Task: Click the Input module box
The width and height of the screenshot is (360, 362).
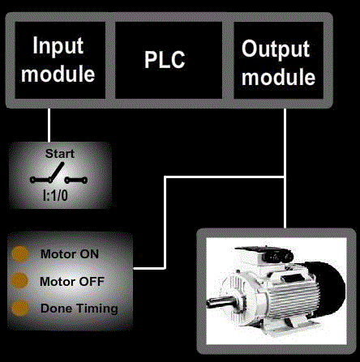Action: (60, 60)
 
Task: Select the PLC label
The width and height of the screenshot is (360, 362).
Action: (165, 60)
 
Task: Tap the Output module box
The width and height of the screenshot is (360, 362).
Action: (278, 60)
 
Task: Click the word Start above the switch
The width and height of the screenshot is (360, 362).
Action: (60, 154)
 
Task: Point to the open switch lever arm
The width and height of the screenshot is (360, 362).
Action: (58, 172)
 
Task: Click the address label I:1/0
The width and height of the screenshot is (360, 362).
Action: (55, 195)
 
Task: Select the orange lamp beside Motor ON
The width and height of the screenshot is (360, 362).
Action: (19, 254)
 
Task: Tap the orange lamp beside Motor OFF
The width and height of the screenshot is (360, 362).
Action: (19, 281)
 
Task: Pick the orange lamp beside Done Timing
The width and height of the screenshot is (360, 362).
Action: (19, 308)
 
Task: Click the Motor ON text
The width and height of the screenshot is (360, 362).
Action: (70, 254)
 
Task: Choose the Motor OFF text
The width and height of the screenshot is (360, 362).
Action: (72, 282)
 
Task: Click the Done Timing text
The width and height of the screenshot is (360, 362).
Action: (79, 309)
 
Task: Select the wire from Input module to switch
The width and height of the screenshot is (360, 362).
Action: (49, 126)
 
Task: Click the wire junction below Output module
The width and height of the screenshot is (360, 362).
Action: (285, 177)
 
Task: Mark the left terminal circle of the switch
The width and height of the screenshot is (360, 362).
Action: (32, 180)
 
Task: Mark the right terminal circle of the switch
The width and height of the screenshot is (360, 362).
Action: (84, 180)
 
